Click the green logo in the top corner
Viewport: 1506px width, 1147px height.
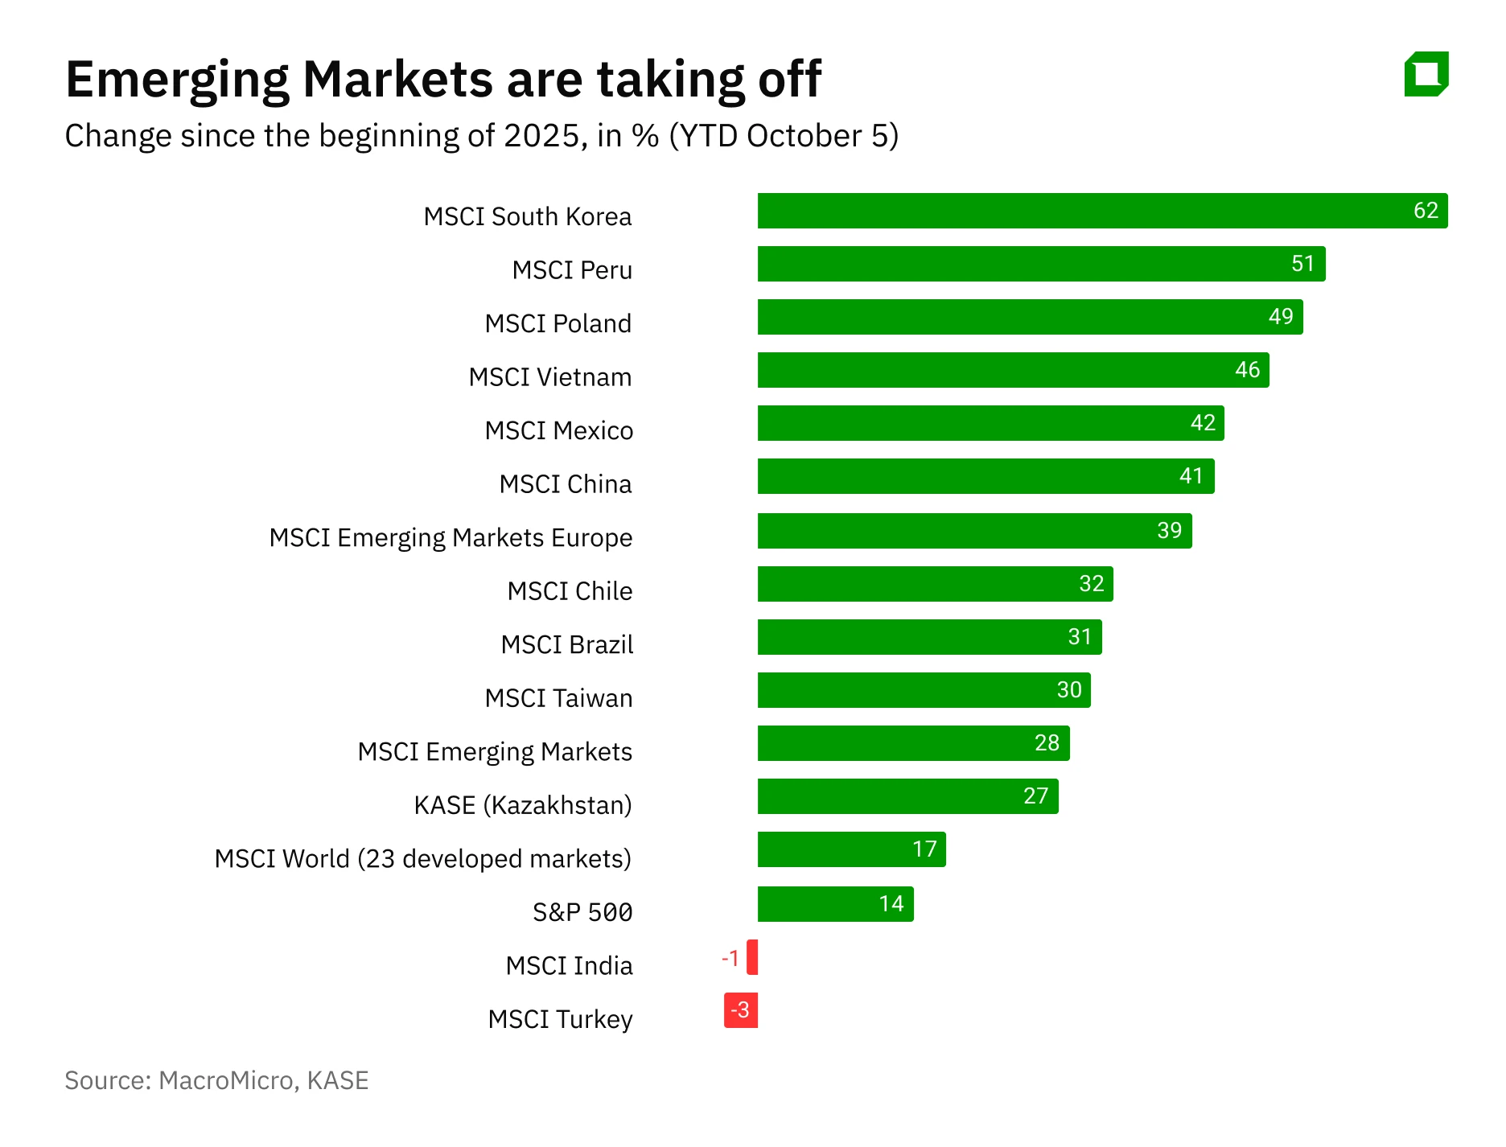click(1426, 74)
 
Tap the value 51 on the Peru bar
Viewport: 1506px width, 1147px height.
click(1302, 264)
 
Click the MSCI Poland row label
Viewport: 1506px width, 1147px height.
click(558, 323)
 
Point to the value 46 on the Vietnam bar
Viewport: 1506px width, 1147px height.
click(1247, 370)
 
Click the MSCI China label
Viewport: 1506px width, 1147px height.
click(565, 484)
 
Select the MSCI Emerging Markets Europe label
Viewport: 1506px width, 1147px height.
click(451, 537)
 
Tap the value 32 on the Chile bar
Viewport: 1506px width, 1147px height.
click(1091, 584)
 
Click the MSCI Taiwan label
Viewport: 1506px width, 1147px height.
click(558, 698)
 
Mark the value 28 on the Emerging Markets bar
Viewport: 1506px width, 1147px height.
click(1047, 743)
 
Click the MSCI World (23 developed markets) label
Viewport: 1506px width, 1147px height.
click(422, 859)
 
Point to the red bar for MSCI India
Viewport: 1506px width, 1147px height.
click(752, 957)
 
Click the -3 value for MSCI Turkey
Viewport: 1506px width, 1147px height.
click(741, 1010)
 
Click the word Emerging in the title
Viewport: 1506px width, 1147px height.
click(177, 80)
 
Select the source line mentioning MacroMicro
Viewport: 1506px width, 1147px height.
click(216, 1080)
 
